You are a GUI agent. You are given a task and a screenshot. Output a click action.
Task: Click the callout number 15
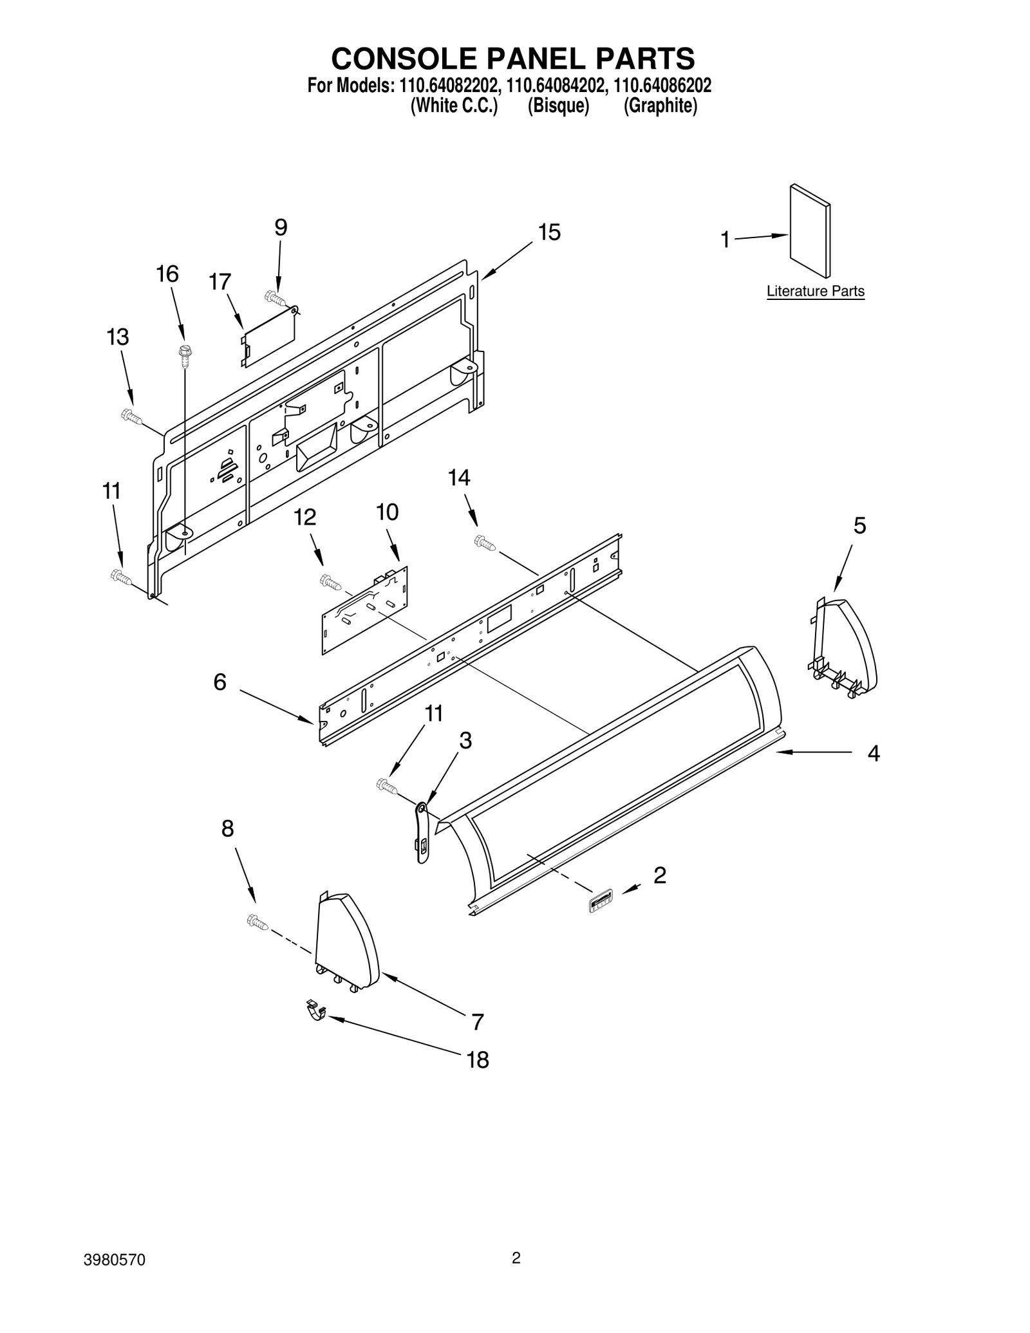pyautogui.click(x=549, y=232)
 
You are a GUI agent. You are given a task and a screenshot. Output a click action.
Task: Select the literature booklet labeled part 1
pyautogui.click(x=809, y=231)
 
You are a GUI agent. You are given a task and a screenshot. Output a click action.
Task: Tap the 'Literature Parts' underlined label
pyautogui.click(x=815, y=292)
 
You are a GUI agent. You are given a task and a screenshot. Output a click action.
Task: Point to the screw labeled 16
pyautogui.click(x=185, y=355)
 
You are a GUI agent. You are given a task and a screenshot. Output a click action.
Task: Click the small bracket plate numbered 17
pyautogui.click(x=268, y=336)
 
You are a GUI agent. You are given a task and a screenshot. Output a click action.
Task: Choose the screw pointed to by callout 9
pyautogui.click(x=275, y=297)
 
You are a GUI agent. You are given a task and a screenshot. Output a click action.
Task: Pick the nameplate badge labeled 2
pyautogui.click(x=600, y=901)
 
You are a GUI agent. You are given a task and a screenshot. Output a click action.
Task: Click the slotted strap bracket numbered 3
pyautogui.click(x=422, y=832)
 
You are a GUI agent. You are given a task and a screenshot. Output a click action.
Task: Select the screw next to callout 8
pyautogui.click(x=257, y=923)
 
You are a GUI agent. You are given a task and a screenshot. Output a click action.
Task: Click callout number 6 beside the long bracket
pyautogui.click(x=220, y=682)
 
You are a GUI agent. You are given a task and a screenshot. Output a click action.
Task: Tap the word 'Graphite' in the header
pyautogui.click(x=660, y=106)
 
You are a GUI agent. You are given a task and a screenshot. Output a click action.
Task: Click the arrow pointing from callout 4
pyautogui.click(x=814, y=751)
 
